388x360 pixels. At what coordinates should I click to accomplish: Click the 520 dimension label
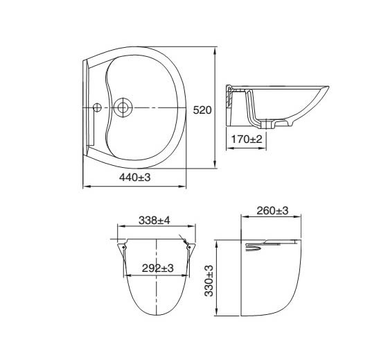[x=202, y=110]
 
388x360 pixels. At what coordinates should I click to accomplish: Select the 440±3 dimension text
[x=135, y=178]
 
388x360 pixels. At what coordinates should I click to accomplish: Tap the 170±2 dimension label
[x=247, y=139]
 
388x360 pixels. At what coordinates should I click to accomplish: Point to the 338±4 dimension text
[x=154, y=221]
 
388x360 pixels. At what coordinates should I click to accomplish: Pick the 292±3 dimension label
[x=158, y=268]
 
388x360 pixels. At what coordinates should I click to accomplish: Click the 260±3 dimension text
[x=272, y=211]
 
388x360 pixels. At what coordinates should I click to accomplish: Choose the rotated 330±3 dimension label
[x=209, y=280]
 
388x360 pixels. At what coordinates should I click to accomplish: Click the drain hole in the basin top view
[x=123, y=108]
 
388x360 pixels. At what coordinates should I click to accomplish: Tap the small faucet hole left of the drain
[x=97, y=108]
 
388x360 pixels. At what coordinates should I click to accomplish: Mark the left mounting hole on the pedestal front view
[x=123, y=247]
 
